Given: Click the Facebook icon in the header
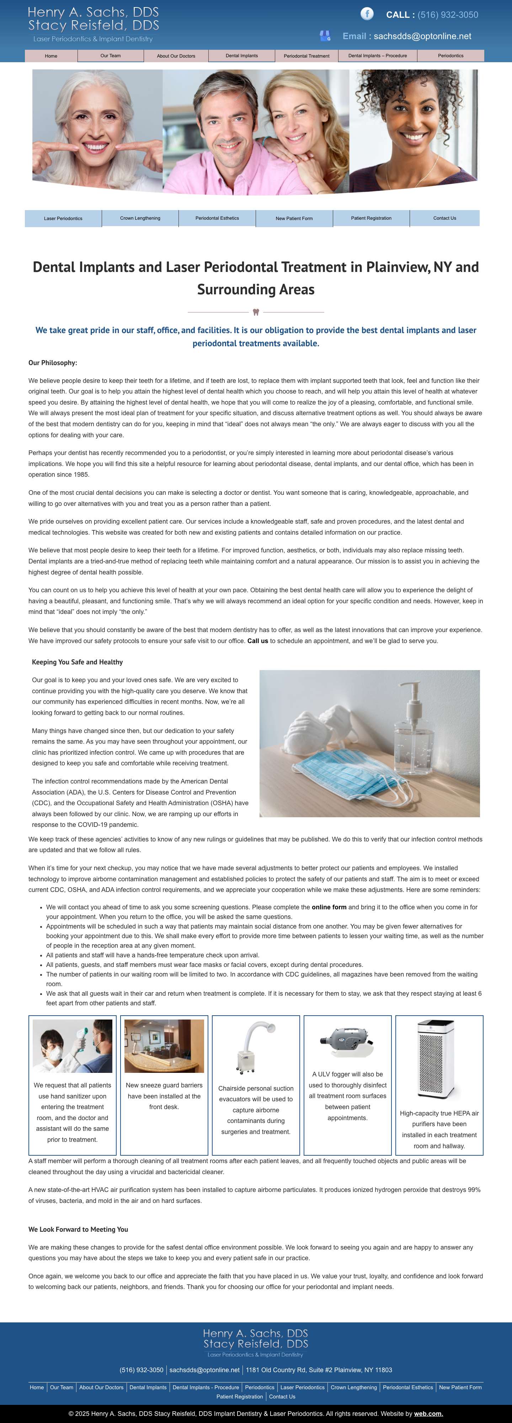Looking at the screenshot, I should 367,14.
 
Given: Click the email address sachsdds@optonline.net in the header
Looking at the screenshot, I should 422,37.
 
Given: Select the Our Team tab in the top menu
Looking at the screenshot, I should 111,56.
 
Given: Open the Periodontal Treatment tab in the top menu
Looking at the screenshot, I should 306,56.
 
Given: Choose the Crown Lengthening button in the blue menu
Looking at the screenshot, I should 140,218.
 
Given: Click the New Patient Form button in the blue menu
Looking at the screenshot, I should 294,219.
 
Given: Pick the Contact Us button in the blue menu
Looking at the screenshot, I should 444,218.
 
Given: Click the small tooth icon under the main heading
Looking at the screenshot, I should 256,312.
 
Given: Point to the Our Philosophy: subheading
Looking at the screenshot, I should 53,363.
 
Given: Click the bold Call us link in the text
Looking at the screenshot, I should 257,641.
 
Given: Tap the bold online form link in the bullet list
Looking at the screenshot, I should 329,907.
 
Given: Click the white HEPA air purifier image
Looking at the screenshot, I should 436,1059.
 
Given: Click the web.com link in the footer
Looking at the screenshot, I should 428,1414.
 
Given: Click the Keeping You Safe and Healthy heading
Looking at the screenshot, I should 77,662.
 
